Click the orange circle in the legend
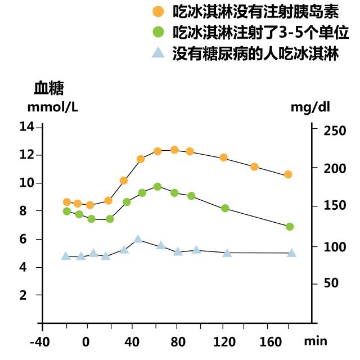coord(159,11)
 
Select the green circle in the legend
coord(159,31)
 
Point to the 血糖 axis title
coord(49,88)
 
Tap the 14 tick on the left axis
coord(27,127)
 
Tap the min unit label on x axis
coord(315,341)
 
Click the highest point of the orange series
coord(174,150)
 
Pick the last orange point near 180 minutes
coord(288,174)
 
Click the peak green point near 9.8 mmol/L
coord(157,187)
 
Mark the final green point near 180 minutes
coord(290,227)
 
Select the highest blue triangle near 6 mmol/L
coord(138,239)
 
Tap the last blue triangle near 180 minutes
coord(291,253)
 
